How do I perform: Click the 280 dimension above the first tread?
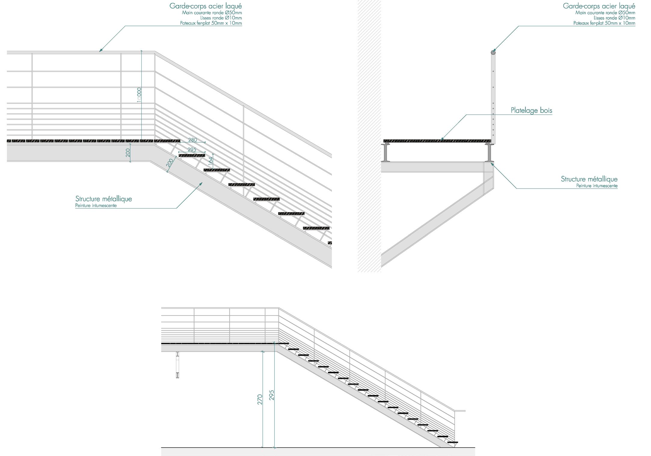192,140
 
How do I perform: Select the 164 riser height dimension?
211,160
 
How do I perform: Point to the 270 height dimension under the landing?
260,399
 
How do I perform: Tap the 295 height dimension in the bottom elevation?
272,395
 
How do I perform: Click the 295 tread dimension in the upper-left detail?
192,150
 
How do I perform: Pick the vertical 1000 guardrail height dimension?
139,95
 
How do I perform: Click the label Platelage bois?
531,111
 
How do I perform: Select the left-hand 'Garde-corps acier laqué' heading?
205,6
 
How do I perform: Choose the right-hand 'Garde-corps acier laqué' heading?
599,6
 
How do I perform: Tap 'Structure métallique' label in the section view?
589,179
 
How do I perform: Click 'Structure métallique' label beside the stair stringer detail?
103,199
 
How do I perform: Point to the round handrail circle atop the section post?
493,53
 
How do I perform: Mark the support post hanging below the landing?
177,365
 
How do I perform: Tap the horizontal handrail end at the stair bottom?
460,411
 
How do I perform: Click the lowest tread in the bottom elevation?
453,442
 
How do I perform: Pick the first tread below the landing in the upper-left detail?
192,156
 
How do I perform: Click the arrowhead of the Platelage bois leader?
441,139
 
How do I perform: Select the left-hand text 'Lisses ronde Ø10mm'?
221,18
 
